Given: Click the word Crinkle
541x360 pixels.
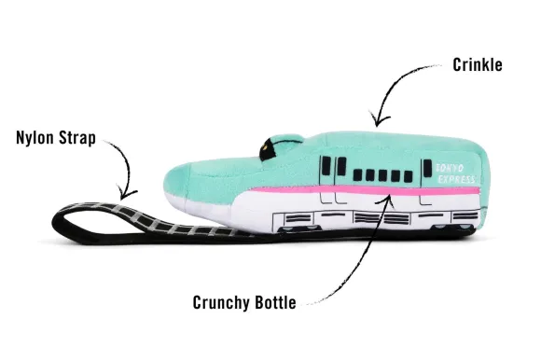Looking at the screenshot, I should click(478, 65).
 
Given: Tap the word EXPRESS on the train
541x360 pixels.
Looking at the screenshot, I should click(456, 178).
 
